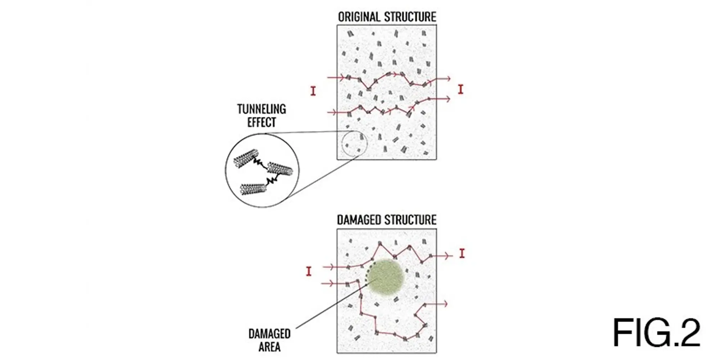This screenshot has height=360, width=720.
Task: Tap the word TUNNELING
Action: tap(262, 109)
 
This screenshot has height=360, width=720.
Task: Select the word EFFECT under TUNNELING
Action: tap(262, 122)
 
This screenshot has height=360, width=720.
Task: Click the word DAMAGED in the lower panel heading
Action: tap(360, 220)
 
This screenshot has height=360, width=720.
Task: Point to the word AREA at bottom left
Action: tap(269, 347)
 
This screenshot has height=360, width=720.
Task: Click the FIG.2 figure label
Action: tap(656, 333)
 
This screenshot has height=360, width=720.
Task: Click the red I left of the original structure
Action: tap(313, 91)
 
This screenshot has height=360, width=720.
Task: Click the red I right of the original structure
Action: tap(460, 89)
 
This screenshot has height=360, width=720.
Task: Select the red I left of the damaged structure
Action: tap(309, 271)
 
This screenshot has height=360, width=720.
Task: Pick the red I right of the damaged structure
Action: tap(462, 253)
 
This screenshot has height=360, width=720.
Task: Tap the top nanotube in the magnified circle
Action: tap(247, 158)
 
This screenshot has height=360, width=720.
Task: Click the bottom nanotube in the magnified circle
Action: tap(253, 189)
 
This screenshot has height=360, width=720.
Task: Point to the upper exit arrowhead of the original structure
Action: tap(448, 78)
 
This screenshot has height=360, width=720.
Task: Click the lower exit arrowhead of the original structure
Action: tap(448, 99)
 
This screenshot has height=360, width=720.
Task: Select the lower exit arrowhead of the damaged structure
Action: tap(445, 304)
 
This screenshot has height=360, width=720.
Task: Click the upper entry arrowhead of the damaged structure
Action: tap(333, 267)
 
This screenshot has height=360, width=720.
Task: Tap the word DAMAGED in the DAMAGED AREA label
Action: tap(269, 334)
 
